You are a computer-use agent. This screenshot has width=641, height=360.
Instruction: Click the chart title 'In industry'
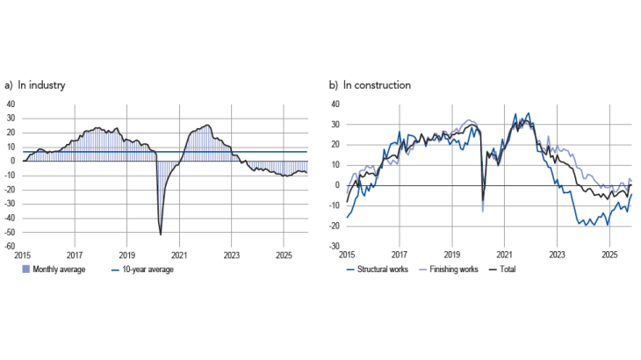click(x=40, y=85)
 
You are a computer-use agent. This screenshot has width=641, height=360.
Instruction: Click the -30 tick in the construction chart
click(x=335, y=247)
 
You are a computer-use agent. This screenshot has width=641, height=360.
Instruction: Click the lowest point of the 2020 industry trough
click(x=161, y=234)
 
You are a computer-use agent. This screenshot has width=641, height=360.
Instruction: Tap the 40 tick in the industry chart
click(x=11, y=104)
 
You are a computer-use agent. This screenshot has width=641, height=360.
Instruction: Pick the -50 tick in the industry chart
click(x=11, y=233)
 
